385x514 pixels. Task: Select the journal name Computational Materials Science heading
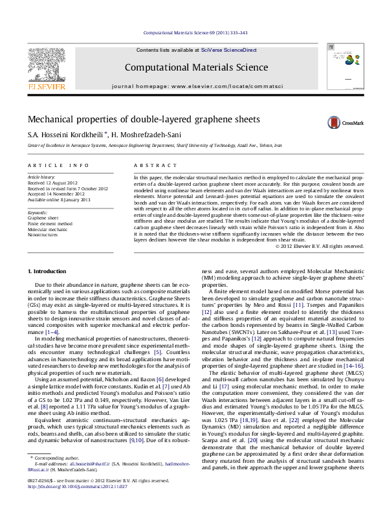(192, 67)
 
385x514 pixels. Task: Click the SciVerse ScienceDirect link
(229, 50)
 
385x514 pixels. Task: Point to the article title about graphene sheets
(134, 120)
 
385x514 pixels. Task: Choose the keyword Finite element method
(49, 223)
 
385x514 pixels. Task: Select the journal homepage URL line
(192, 85)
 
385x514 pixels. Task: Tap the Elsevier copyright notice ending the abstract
(302, 246)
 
